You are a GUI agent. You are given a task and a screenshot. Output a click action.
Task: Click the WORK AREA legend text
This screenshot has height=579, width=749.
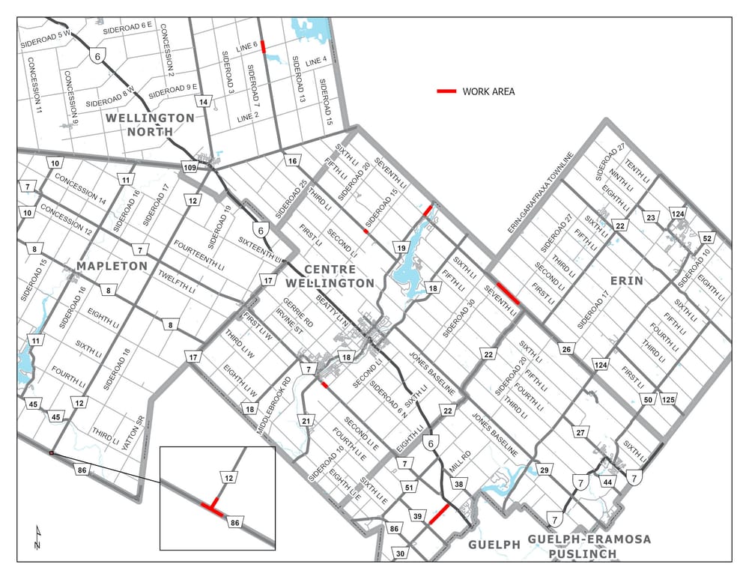tap(488, 91)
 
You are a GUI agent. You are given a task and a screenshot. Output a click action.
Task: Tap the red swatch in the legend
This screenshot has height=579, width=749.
tap(447, 91)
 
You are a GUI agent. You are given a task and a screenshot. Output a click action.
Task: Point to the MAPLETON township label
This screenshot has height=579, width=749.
tap(110, 266)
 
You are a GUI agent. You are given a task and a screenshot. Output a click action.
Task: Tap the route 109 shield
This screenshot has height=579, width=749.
tap(189, 168)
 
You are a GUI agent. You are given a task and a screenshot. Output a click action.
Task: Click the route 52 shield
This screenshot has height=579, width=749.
tap(706, 237)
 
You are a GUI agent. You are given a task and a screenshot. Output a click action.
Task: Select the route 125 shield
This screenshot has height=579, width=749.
tap(668, 399)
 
